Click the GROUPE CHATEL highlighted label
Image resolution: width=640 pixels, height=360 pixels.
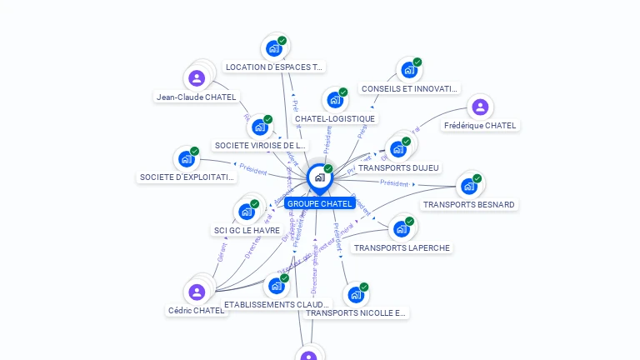320,203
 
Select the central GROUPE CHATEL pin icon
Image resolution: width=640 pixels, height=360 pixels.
319,177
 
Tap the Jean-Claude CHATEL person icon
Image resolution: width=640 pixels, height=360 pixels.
197,78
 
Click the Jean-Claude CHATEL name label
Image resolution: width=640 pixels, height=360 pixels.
197,97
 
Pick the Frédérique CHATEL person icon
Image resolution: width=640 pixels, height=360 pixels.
480,107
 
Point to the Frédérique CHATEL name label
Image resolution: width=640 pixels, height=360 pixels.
480,125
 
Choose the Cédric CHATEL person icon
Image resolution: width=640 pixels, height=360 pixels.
197,292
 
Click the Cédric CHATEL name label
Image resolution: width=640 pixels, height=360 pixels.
197,310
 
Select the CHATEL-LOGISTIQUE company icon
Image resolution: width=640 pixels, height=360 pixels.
335,100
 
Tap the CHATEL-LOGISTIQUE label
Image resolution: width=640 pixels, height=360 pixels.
335,118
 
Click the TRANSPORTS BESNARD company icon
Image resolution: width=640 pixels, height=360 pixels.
469,186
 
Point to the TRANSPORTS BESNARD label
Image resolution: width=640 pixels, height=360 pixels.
469,204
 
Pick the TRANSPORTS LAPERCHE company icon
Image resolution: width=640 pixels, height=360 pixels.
402,228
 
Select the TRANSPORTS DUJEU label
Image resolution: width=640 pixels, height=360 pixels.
398,167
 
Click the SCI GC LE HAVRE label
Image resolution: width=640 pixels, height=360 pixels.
247,230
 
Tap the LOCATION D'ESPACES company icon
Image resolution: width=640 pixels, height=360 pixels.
274,48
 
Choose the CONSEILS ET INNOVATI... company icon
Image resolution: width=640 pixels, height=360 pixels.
409,70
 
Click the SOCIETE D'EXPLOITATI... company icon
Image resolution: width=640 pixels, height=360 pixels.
186,158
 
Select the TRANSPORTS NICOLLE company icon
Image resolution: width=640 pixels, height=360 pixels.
356,294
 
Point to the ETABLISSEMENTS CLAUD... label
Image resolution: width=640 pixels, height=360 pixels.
277,304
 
